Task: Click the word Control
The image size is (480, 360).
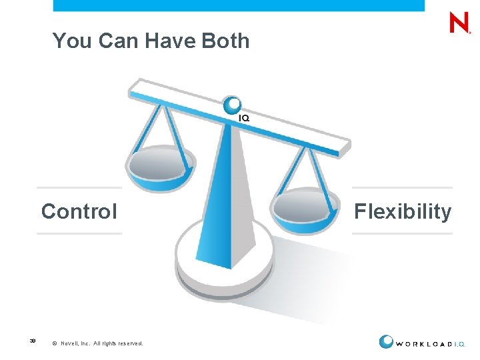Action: click(x=79, y=212)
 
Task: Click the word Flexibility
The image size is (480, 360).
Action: click(x=403, y=212)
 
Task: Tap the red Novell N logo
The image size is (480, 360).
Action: click(x=459, y=24)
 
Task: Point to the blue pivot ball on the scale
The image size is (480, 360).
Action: click(x=233, y=105)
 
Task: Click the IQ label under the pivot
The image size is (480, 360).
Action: click(x=244, y=118)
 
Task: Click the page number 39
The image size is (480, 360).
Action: click(x=32, y=341)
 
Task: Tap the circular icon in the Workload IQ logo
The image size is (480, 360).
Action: click(x=386, y=341)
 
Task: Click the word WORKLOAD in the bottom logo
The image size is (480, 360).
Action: click(x=423, y=344)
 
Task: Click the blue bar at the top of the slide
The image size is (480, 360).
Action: click(x=238, y=5)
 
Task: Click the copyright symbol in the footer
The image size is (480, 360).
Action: click(x=54, y=343)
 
